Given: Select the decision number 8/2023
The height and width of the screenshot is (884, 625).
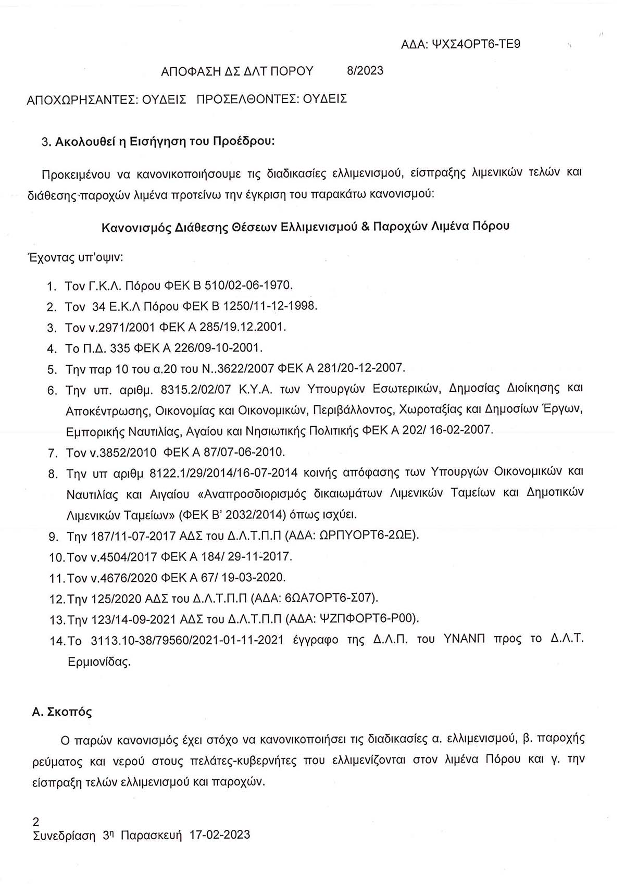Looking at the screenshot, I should coord(365,70).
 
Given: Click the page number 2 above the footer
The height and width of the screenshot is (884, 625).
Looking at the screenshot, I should coord(35,823).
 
